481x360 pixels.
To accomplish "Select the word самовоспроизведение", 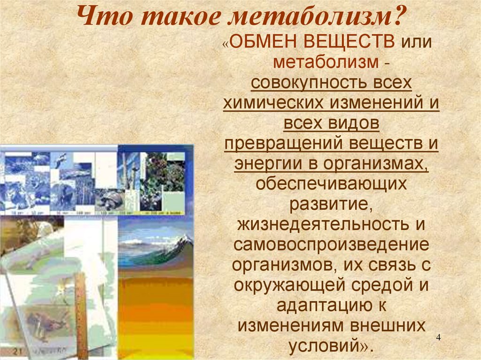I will coord(331,245).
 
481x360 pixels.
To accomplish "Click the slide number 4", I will coord(438,338).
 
